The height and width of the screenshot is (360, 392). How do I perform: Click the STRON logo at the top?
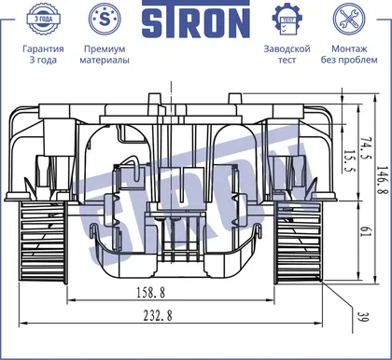[x=196, y=20]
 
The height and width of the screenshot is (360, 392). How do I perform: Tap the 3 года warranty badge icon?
[x=43, y=19]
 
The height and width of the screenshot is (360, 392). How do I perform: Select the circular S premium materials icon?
[x=105, y=19]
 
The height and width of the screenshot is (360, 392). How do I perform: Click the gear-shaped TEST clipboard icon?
[x=287, y=20]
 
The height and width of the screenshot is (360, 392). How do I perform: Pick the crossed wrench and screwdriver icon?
[x=349, y=19]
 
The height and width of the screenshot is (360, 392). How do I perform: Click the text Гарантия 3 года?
[x=43, y=54]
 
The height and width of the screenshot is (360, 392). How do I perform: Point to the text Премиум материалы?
[x=105, y=54]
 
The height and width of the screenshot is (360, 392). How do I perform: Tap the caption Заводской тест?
[x=287, y=54]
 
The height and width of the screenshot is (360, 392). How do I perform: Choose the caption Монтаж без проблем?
[x=349, y=54]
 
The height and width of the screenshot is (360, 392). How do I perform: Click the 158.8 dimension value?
[x=151, y=293]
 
